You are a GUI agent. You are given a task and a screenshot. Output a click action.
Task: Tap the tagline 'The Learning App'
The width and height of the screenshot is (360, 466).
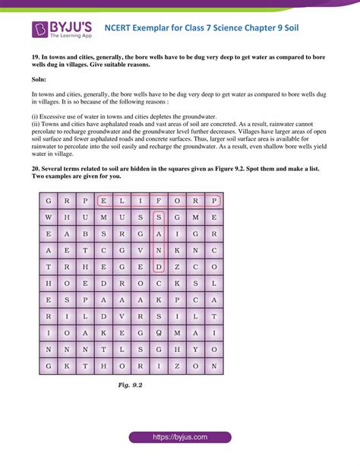pyautogui.click(x=71, y=36)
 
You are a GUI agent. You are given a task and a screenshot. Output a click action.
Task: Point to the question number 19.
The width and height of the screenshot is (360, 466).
pyautogui.click(x=36, y=57)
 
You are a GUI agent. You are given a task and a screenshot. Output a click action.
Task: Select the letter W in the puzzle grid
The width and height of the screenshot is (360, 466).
pyautogui.click(x=48, y=217)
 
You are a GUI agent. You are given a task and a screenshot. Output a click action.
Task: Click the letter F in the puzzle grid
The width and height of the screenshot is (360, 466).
pyautogui.click(x=159, y=201)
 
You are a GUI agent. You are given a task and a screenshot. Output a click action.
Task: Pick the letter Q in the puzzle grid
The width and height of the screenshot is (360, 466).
pyautogui.click(x=159, y=332)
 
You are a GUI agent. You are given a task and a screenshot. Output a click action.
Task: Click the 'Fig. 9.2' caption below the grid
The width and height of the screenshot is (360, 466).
pyautogui.click(x=129, y=385)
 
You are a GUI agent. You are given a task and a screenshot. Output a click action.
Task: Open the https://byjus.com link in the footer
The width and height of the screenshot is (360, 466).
pyautogui.click(x=179, y=438)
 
